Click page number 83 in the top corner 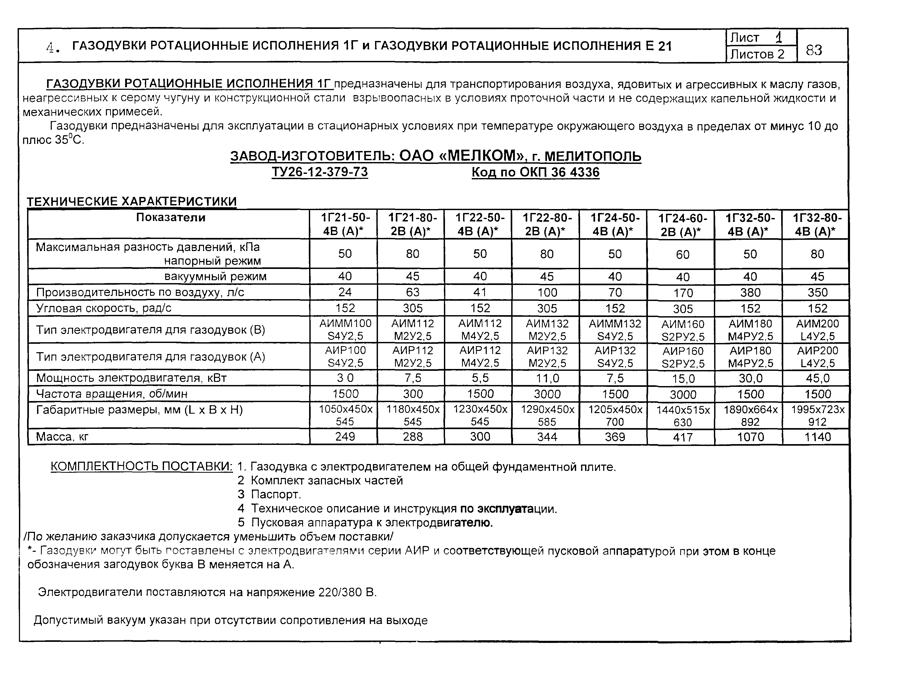click(x=813, y=50)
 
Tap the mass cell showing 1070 click(x=750, y=437)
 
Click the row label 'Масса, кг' click(x=62, y=437)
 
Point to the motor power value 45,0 click(x=817, y=378)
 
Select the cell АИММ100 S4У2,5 click(x=345, y=330)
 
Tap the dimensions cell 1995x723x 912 click(x=817, y=415)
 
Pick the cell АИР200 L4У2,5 click(x=817, y=357)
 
